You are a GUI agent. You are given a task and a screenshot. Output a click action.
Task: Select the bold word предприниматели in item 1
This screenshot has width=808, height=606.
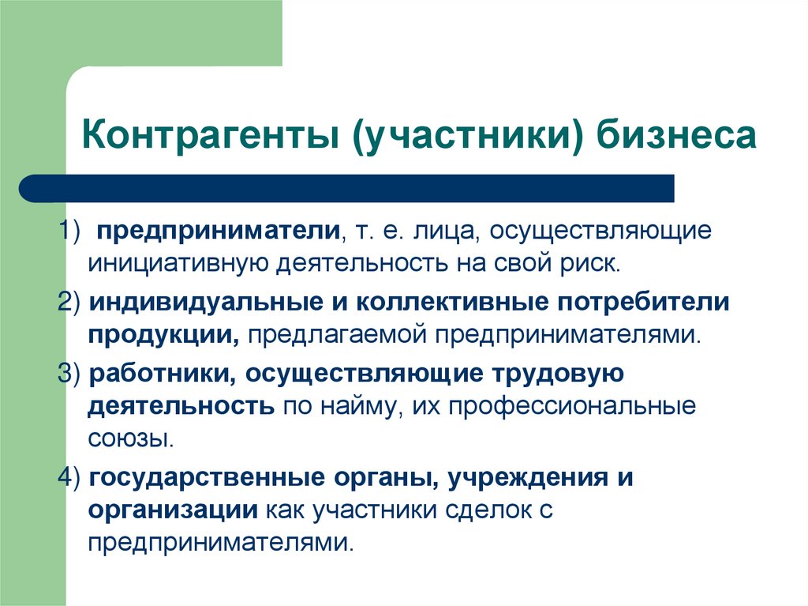pos(218,231)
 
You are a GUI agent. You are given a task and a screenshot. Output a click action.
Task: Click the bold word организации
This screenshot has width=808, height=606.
pos(173,510)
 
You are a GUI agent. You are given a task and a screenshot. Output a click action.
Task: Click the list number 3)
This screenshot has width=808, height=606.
pos(71,375)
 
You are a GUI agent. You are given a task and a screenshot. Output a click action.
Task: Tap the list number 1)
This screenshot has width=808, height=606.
pos(71,231)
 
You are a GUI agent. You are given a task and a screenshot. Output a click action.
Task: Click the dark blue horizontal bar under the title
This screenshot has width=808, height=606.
pos(347,189)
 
